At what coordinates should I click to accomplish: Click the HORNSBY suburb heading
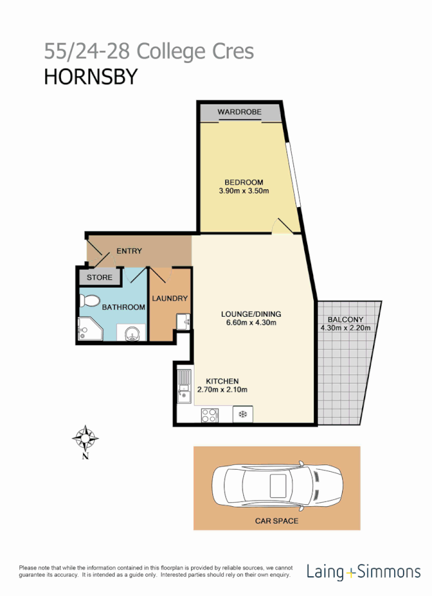(x=91, y=77)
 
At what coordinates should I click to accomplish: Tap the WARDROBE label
(x=240, y=112)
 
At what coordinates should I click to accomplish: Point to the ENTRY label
(x=129, y=251)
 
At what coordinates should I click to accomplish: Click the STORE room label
(x=100, y=278)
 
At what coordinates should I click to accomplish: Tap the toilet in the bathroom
(x=90, y=302)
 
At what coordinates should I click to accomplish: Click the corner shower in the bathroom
(x=90, y=330)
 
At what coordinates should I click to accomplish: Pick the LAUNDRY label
(x=170, y=298)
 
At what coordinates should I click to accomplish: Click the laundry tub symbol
(x=182, y=320)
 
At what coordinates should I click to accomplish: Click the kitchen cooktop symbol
(x=209, y=414)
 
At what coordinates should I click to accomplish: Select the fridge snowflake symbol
(x=242, y=414)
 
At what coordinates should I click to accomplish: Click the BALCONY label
(x=345, y=319)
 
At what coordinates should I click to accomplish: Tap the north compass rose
(x=86, y=437)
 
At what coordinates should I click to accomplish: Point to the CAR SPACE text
(x=276, y=521)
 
